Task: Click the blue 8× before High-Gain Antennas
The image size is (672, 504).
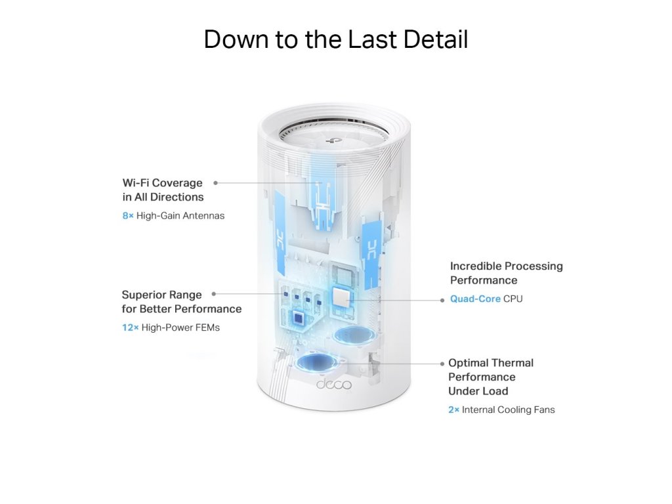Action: pos(128,215)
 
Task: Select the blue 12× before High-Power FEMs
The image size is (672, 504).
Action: pos(131,327)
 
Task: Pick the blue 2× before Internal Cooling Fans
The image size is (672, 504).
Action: pos(453,409)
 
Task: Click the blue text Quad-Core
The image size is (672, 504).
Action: pos(475,299)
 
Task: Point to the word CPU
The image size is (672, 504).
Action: pos(513,299)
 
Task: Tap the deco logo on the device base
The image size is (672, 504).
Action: pos(333,384)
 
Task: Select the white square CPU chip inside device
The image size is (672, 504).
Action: pos(342,299)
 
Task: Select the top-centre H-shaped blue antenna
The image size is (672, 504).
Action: pos(322,193)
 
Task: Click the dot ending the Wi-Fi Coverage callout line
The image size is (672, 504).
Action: pos(216,182)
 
